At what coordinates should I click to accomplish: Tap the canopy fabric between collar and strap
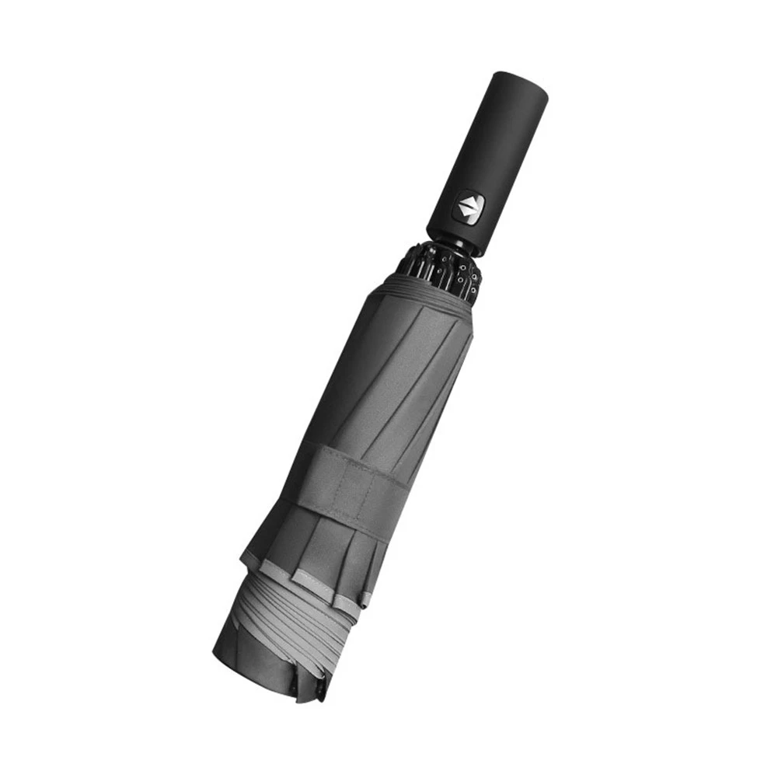(389, 373)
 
